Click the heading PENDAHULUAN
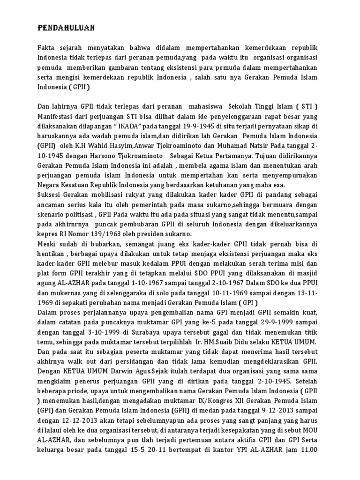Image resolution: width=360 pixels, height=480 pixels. [x=66, y=29]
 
